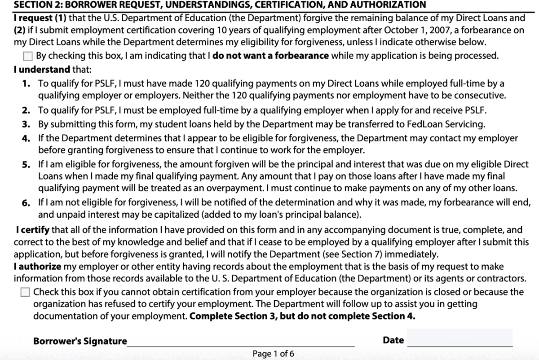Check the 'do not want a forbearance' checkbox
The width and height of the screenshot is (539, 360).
pos(28,57)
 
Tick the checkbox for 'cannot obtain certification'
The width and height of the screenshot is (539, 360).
pos(26,292)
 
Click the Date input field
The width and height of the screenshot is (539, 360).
pos(459,338)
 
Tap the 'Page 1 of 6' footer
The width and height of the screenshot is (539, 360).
pos(273,354)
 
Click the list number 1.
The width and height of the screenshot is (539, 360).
pos(27,84)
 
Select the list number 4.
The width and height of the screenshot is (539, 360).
pos(27,138)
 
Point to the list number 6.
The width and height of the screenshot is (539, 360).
pos(27,203)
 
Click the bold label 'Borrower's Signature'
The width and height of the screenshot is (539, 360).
pos(80,341)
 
